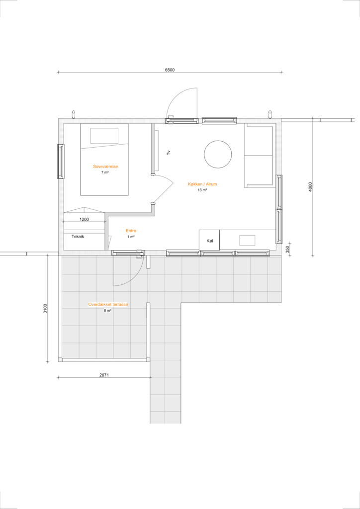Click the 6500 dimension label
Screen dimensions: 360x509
point(170,70)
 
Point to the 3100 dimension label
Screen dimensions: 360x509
point(45,308)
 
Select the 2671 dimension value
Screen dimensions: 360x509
point(104,375)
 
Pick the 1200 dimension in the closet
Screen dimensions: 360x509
point(84,219)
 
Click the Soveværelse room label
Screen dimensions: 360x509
point(105,167)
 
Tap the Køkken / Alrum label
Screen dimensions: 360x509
point(202,184)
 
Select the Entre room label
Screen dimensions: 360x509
point(131,231)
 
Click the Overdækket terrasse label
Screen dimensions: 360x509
point(108,305)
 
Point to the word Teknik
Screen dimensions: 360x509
point(78,237)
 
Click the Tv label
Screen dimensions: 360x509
point(169,153)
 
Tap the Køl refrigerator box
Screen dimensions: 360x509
point(209,240)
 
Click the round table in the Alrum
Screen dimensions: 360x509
point(218,155)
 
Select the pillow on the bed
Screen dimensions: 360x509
point(104,136)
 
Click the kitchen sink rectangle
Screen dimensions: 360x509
point(247,240)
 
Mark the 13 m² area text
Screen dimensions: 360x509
point(202,190)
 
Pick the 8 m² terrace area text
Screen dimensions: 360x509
point(108,311)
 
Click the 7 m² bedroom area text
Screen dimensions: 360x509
point(105,172)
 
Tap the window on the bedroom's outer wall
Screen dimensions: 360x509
point(61,162)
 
